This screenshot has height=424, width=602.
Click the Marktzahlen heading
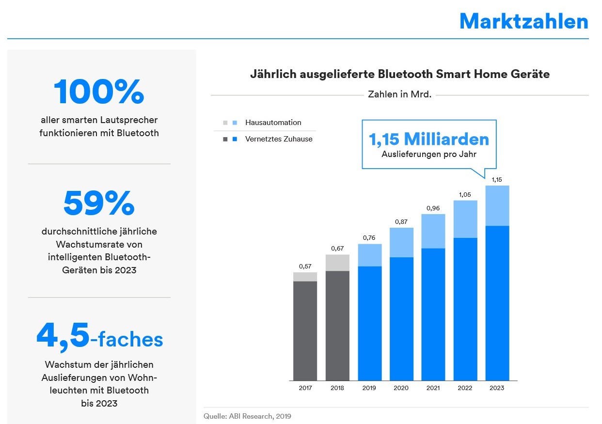point(523,21)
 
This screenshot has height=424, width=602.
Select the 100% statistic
point(99,92)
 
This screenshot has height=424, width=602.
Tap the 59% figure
point(99,203)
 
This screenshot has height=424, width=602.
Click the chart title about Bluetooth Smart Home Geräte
point(399,74)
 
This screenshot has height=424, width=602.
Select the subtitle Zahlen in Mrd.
point(399,94)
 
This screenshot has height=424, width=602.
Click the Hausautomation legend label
point(273,123)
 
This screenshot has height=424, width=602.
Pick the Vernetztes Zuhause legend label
point(279,139)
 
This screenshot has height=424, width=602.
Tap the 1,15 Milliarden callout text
point(429,140)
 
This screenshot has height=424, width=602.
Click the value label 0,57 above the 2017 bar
point(305,266)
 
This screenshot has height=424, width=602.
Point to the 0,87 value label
point(401,221)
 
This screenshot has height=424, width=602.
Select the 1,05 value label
point(465,194)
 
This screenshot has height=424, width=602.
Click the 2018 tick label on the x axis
point(337,388)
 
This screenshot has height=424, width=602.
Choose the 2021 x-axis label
point(433,388)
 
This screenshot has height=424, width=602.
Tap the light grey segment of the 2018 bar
point(337,263)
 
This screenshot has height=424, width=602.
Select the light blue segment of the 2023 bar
point(497,205)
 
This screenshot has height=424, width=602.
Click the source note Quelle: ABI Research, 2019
point(247,416)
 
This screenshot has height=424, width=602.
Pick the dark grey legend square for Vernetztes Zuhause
point(225,140)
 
